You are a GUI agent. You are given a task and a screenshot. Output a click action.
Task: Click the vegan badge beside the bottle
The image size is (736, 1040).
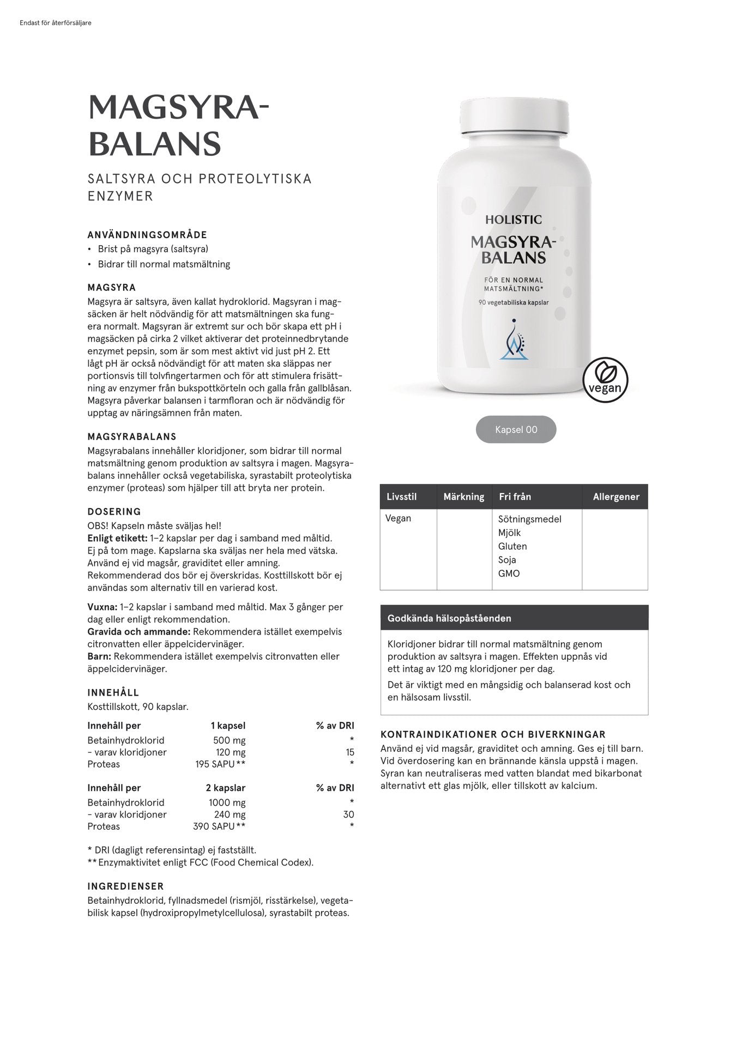click(x=605, y=380)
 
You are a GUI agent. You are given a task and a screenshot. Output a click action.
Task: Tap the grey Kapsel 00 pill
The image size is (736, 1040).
click(x=516, y=429)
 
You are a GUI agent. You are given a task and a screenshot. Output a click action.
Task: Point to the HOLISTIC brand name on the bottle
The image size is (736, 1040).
click(x=514, y=220)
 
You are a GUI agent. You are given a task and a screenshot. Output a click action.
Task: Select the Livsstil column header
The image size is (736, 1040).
click(x=401, y=496)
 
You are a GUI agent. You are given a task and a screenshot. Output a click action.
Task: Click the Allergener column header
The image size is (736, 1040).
click(x=616, y=496)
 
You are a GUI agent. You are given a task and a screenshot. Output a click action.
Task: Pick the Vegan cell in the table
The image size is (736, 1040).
click(x=398, y=518)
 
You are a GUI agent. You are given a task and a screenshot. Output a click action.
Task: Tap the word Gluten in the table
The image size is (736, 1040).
click(x=512, y=546)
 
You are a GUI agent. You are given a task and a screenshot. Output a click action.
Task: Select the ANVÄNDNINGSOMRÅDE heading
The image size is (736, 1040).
click(x=147, y=235)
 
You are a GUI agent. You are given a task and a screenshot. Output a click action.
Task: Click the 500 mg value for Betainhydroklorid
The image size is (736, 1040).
click(x=229, y=740)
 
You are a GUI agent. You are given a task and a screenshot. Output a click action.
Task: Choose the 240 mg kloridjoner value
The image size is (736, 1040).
click(x=230, y=814)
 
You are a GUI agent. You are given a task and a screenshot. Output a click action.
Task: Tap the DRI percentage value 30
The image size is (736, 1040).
click(x=348, y=814)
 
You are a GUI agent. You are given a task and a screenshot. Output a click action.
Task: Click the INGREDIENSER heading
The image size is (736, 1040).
click(x=125, y=886)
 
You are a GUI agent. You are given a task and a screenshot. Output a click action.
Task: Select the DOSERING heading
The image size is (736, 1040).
click(x=114, y=512)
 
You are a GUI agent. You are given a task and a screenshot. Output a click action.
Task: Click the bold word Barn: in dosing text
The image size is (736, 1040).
click(x=99, y=656)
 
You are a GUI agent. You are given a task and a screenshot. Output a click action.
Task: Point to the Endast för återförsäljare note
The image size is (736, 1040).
click(x=55, y=23)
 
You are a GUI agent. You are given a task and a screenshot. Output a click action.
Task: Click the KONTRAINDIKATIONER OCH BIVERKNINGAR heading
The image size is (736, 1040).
click(x=493, y=734)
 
